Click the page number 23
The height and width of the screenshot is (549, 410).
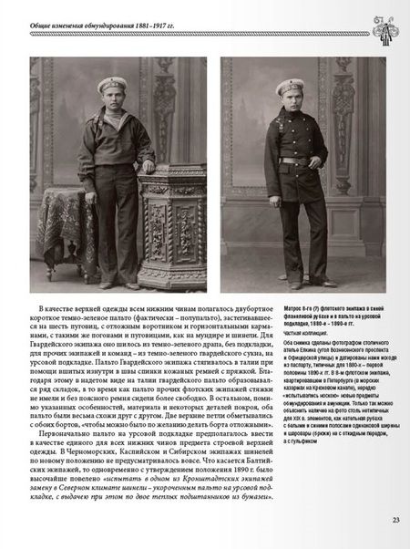pyautogui.click(x=395, y=521)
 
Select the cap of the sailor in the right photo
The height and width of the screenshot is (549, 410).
pyautogui.click(x=290, y=87)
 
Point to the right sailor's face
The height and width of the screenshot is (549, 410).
pyautogui.click(x=290, y=102)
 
